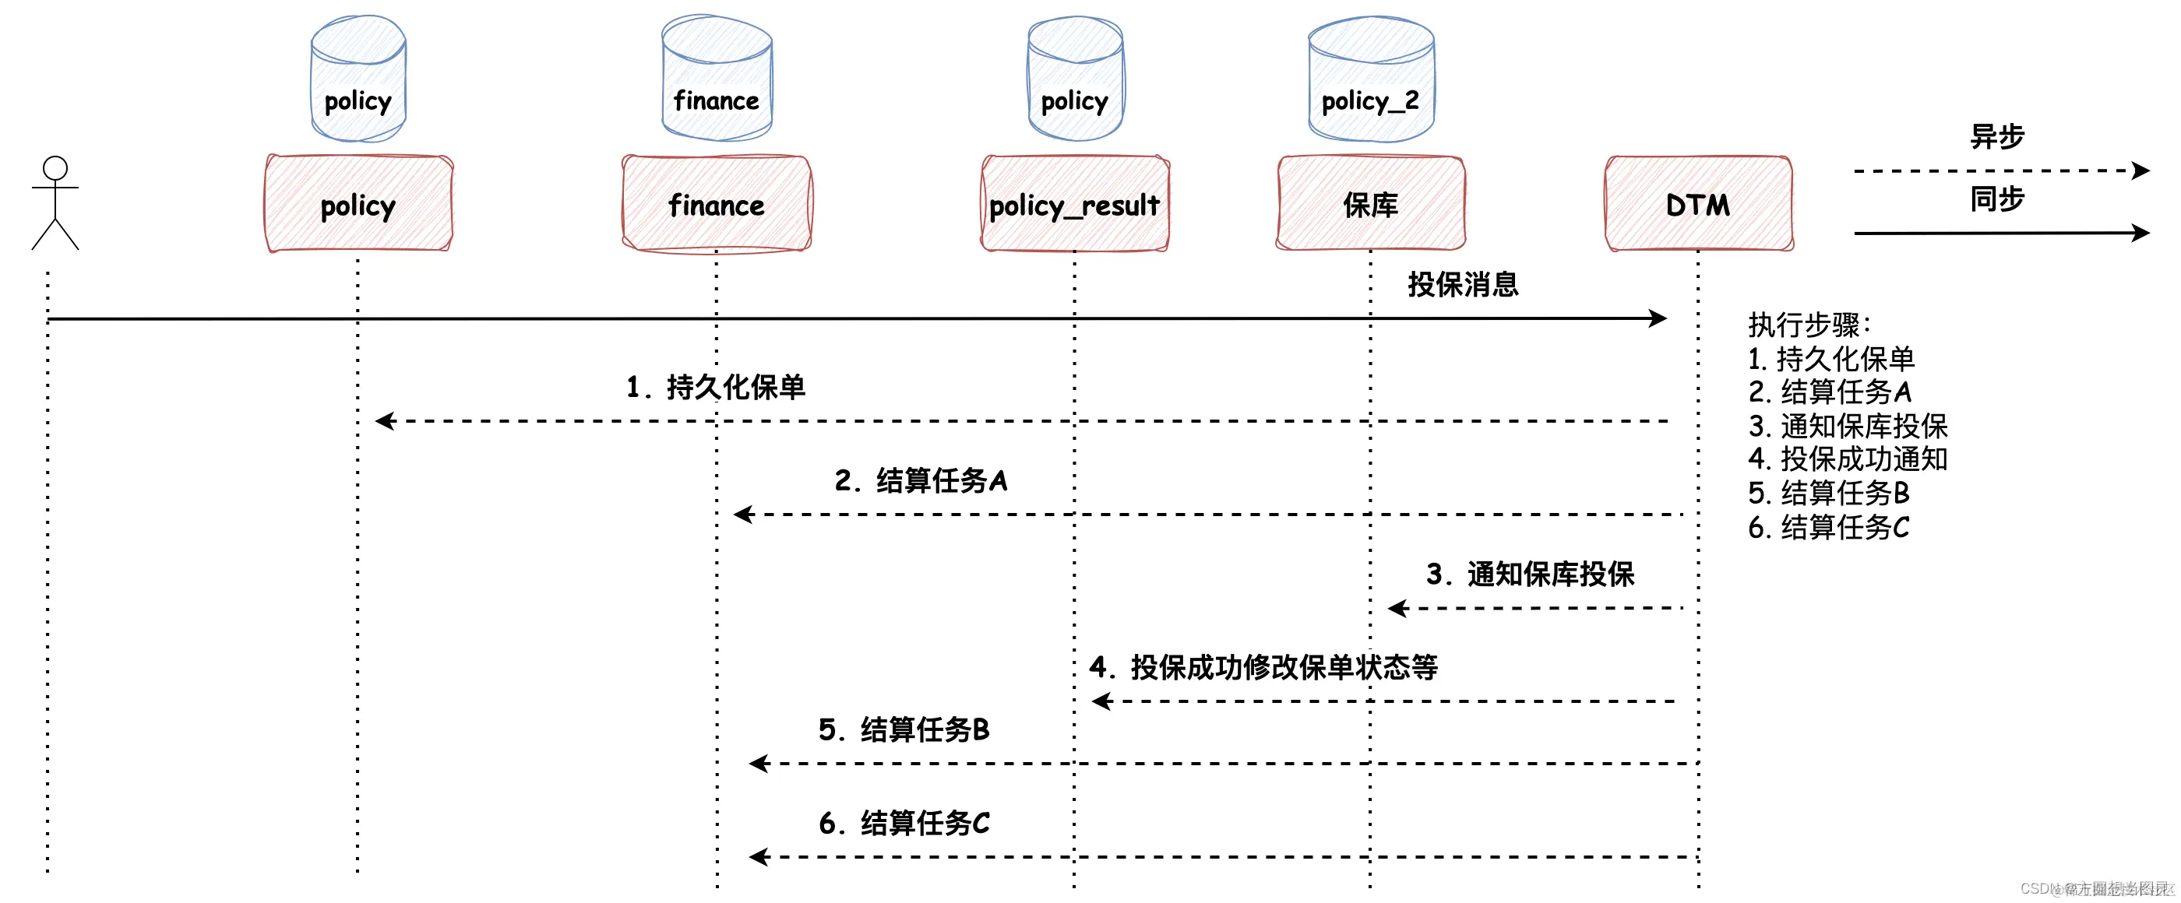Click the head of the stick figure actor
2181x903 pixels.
tap(55, 167)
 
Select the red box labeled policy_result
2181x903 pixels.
tap(1074, 204)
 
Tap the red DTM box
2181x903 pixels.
tap(1698, 204)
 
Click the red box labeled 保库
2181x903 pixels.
tap(1371, 204)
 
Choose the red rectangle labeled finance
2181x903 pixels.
tap(717, 204)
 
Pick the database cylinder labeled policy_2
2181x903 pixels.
tap(1371, 80)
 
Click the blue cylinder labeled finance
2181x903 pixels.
tap(717, 80)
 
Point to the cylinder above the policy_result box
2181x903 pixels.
tap(1074, 80)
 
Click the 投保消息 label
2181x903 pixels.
tap(1462, 284)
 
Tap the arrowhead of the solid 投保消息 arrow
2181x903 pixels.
tap(1658, 318)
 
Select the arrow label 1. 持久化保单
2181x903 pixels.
tap(715, 387)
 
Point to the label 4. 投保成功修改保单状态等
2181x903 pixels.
tap(1263, 668)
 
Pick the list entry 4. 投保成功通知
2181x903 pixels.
tap(1848, 459)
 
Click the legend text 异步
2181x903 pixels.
tap(1996, 136)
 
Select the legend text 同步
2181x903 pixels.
tap(1996, 199)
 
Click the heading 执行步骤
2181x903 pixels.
tap(1809, 325)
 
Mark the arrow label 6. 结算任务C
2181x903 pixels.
tap(904, 823)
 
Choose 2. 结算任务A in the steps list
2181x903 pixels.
tap(1830, 392)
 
